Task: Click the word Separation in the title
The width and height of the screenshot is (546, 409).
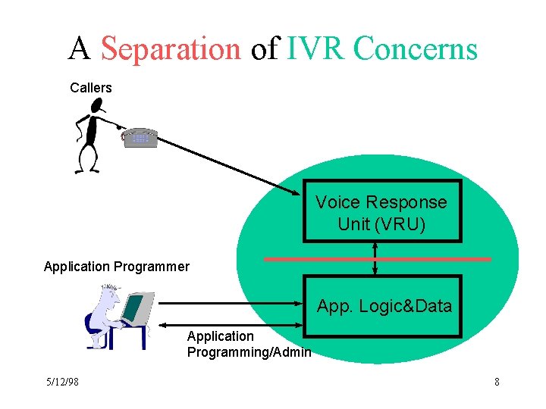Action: (x=170, y=49)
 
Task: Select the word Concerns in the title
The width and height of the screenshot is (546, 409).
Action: (x=416, y=49)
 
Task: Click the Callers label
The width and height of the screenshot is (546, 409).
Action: (x=91, y=88)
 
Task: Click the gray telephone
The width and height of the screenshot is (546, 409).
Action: (x=140, y=138)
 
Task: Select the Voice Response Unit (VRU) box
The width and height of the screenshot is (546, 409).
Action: (x=381, y=212)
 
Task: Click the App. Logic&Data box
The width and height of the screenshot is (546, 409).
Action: (x=384, y=306)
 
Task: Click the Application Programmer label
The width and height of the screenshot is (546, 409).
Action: (x=117, y=267)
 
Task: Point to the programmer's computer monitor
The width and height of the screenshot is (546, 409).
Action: (x=136, y=307)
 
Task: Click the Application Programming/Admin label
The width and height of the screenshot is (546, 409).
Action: (x=249, y=344)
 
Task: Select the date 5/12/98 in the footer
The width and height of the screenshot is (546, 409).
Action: (x=61, y=382)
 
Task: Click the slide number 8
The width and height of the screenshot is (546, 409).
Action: (x=497, y=382)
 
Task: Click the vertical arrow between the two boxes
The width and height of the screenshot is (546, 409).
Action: (x=375, y=258)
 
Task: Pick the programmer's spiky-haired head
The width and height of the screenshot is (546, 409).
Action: (x=111, y=295)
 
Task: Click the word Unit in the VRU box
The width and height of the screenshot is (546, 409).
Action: (x=354, y=224)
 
